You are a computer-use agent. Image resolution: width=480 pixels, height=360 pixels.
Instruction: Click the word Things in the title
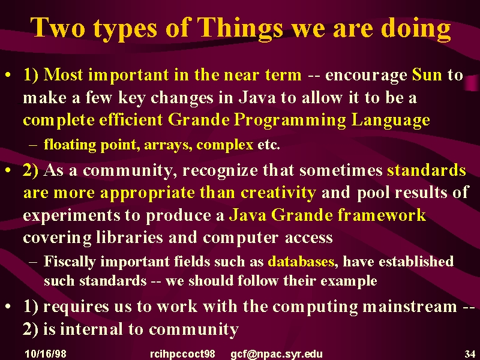[x=239, y=28]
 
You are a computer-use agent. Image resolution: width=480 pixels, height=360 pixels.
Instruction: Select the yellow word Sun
[x=427, y=74]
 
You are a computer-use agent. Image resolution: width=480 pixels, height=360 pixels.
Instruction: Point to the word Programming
[x=290, y=121]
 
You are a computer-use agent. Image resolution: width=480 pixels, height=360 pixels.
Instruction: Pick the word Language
[x=391, y=121]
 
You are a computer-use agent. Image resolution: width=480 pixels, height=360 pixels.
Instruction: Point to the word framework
[x=382, y=215]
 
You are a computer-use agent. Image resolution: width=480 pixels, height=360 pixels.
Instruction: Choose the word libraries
[x=129, y=237]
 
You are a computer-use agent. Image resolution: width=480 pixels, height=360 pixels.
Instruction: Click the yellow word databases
[x=301, y=262]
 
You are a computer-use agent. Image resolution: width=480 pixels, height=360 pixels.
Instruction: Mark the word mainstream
[x=410, y=307]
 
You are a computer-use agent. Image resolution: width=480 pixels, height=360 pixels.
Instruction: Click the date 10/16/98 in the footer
[x=46, y=354]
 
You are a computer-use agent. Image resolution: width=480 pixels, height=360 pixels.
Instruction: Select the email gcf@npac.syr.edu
[x=277, y=354]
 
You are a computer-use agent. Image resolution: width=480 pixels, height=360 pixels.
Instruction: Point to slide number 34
[x=470, y=354]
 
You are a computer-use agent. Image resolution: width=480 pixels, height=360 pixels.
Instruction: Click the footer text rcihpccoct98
[x=182, y=354]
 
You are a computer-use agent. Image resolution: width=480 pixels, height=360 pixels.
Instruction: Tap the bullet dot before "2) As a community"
[x=9, y=170]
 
